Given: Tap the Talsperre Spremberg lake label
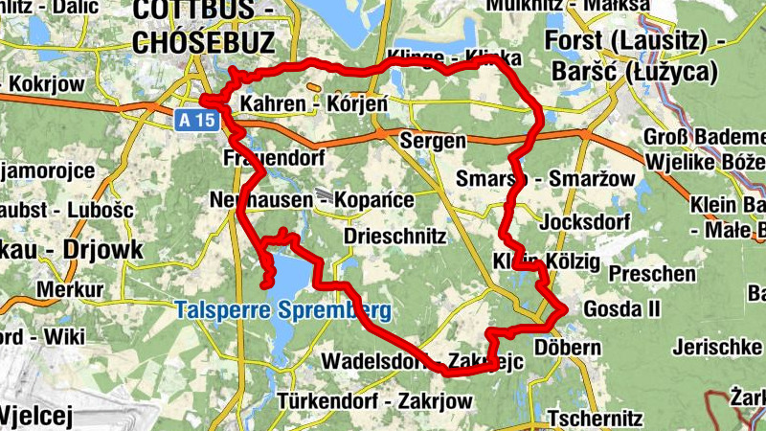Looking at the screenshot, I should (283, 311).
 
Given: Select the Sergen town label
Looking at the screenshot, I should (433, 141).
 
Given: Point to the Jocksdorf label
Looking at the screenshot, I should (574, 222).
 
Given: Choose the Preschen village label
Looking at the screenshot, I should (652, 274).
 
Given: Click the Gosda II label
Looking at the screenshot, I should (621, 310).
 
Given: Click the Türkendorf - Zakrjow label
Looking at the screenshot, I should (374, 400).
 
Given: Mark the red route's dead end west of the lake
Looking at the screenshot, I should (266, 284).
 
